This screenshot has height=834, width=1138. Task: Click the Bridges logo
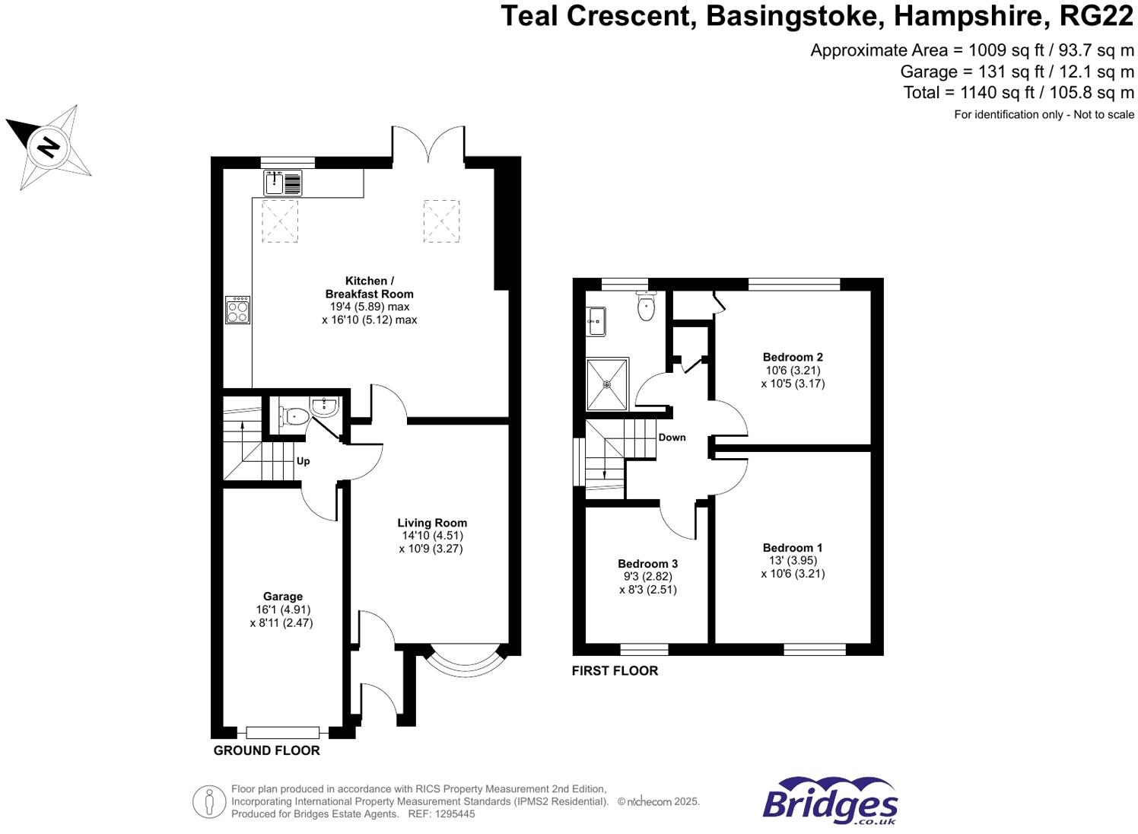click(830, 801)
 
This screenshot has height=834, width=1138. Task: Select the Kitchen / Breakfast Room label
click(370, 288)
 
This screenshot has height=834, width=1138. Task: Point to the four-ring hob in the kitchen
click(237, 310)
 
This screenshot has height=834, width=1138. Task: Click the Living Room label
click(431, 523)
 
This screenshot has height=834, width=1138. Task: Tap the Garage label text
click(283, 597)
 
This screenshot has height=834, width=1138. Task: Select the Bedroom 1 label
click(792, 548)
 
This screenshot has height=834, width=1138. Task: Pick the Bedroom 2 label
click(793, 357)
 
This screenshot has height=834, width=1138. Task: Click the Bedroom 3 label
click(647, 564)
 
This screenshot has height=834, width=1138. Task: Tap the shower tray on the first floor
click(608, 384)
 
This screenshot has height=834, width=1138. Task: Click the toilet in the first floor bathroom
click(647, 307)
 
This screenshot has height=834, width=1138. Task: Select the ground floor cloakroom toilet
click(294, 416)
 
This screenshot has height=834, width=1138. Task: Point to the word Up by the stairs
click(303, 461)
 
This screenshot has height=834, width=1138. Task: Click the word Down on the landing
click(672, 438)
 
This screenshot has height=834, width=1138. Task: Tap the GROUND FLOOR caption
click(266, 750)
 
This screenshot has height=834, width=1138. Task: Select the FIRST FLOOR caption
click(615, 670)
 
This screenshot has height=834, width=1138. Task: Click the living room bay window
click(463, 664)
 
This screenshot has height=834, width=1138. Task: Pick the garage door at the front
click(282, 732)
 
